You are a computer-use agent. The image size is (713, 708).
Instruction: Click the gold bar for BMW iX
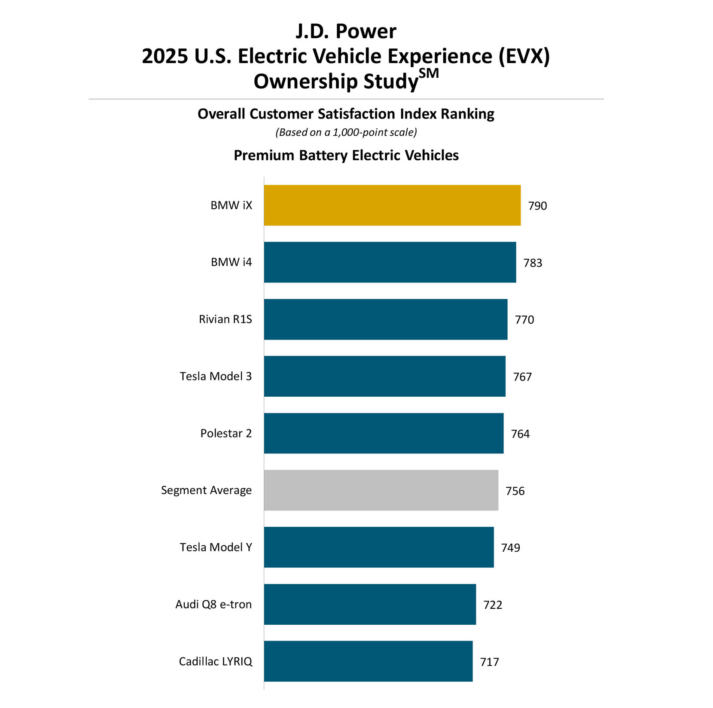(392, 205)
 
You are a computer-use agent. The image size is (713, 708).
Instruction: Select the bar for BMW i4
(390, 262)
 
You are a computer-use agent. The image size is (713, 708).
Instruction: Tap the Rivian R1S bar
(385, 319)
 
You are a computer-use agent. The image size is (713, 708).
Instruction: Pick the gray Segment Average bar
(381, 490)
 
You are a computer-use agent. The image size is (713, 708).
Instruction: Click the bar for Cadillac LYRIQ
(368, 661)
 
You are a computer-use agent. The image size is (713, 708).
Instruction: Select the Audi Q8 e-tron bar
(369, 604)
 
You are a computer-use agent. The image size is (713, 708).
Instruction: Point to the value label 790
(537, 206)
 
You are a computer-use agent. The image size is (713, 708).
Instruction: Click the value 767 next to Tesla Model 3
(522, 377)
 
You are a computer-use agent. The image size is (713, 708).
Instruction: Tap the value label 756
(515, 491)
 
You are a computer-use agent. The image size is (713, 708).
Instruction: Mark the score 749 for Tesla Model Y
(510, 548)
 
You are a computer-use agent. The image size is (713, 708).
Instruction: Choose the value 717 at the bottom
(489, 662)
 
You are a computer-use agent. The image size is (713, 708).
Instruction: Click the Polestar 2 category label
(226, 433)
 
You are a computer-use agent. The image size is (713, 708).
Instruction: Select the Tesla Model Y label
(216, 547)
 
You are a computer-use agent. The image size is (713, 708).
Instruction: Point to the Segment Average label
(206, 490)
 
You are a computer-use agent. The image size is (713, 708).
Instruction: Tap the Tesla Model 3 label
(216, 377)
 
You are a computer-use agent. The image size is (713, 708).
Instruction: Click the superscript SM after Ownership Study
(429, 74)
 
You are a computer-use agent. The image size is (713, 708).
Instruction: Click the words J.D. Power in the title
(346, 31)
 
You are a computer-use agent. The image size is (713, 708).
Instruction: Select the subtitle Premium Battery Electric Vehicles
(346, 155)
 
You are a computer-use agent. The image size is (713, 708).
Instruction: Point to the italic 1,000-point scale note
(346, 132)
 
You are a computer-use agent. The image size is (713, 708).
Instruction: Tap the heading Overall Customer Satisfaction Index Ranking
(346, 114)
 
